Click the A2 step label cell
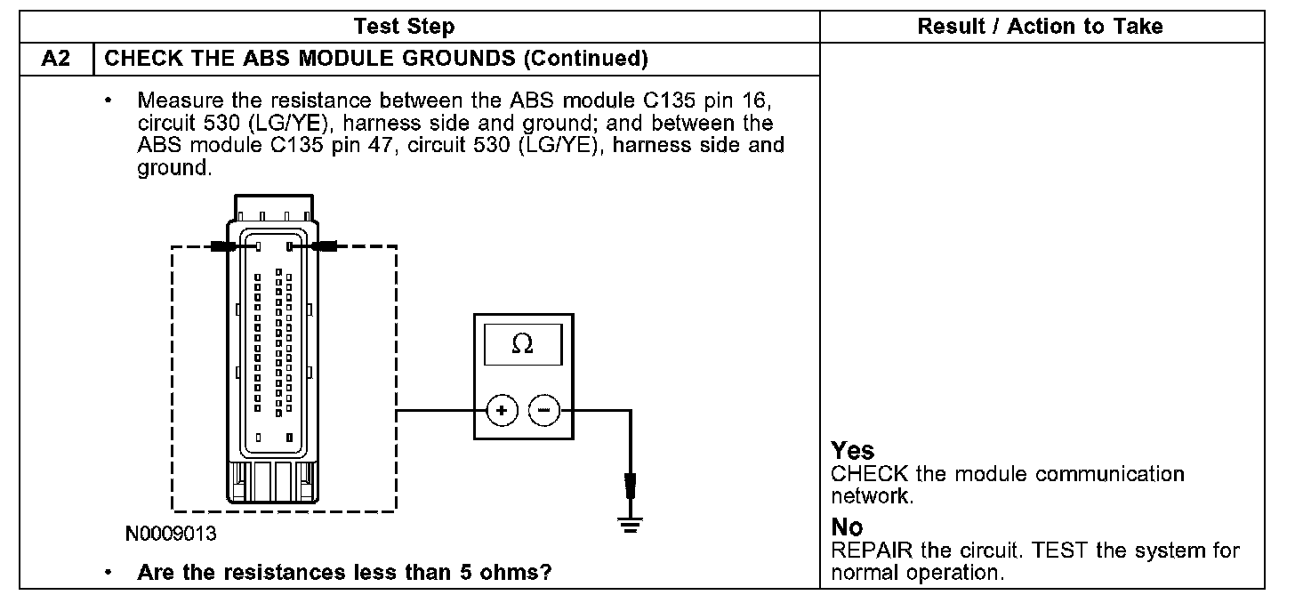[x=55, y=59]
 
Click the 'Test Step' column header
[x=404, y=26]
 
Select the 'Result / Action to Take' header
[x=1040, y=26]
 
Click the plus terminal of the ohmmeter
[x=502, y=411]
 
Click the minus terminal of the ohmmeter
[x=544, y=411]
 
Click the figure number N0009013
[x=172, y=535]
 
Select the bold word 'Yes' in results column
[x=853, y=452]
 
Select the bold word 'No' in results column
[x=847, y=528]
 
